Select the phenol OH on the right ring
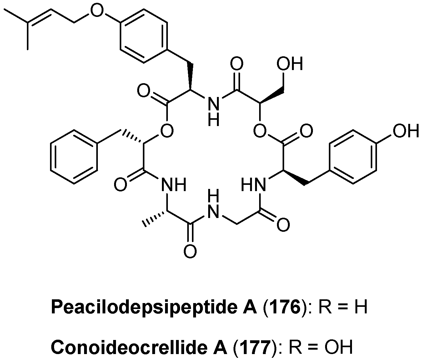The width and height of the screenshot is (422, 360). [x=405, y=130]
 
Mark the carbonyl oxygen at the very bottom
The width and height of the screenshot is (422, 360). [x=190, y=251]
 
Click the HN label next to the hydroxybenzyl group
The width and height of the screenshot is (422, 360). [x=254, y=185]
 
